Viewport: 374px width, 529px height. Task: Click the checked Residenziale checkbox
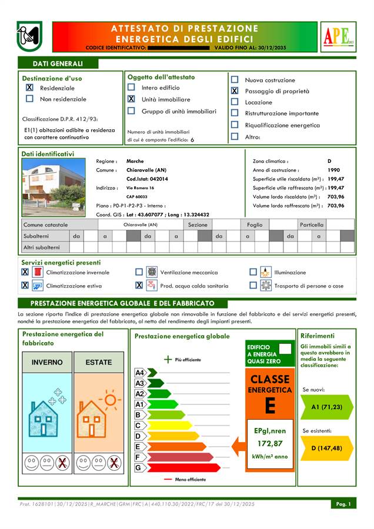29,88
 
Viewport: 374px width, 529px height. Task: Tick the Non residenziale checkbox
29,99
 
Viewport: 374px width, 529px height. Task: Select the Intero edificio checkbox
131,88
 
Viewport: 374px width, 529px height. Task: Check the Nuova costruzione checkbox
235,80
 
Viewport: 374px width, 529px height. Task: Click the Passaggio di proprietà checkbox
235,91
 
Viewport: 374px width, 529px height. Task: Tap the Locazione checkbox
235,102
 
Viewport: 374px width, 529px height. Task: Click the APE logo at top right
337,36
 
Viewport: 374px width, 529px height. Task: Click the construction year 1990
333,170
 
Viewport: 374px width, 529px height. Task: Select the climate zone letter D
329,161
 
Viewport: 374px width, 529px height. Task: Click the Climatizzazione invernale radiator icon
37,272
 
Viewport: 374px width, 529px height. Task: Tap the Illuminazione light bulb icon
266,272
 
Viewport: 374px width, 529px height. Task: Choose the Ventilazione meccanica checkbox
139,272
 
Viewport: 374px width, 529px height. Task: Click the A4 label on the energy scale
140,373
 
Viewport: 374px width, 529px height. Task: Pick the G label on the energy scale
139,468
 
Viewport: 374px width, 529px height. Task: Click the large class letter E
270,406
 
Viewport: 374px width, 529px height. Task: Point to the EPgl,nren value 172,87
270,443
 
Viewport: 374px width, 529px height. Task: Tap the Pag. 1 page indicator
343,504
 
